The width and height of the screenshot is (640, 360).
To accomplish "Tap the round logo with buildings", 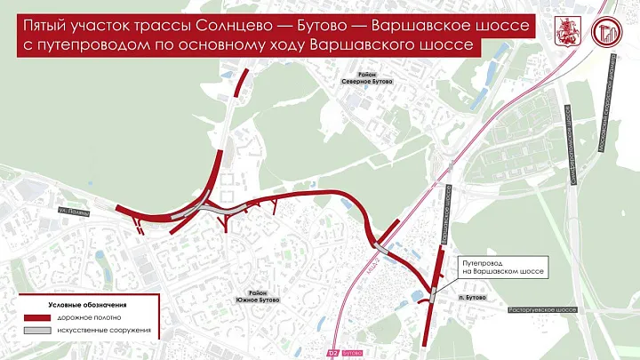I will [x=609, y=33].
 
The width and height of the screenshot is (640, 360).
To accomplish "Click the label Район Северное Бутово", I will [x=366, y=77].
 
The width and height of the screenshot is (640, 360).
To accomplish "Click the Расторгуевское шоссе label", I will [x=543, y=310].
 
